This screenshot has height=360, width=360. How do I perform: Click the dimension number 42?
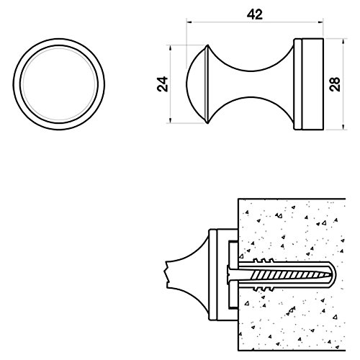pos(255,14)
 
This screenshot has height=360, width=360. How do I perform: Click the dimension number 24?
pos(163,84)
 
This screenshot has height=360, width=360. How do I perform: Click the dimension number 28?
pos(335,84)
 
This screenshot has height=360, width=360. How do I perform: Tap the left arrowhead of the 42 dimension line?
pos(189,22)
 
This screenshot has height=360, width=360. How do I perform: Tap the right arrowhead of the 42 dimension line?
pos(320,22)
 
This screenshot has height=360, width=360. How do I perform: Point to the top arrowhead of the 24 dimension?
pos(170,48)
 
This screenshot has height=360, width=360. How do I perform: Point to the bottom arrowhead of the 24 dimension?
pos(170,120)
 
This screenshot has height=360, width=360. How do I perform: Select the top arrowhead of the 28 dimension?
pos(343,41)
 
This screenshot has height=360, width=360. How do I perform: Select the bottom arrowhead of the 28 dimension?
pos(343,127)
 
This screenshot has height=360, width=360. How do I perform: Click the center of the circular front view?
pos(59,84)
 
